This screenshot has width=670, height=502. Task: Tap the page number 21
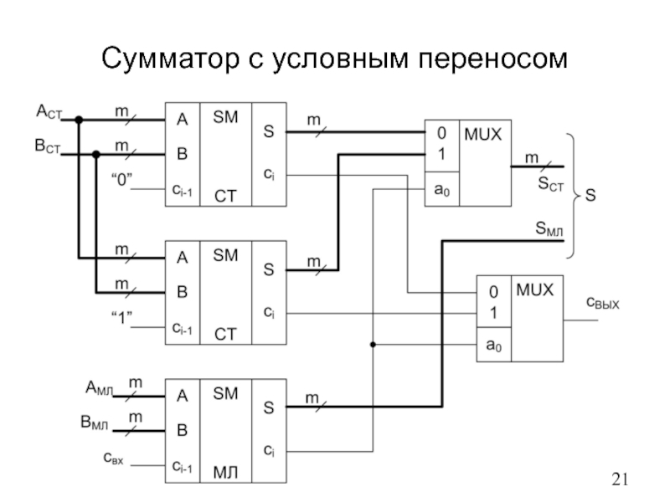click(620, 479)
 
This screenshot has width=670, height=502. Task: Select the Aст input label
click(47, 110)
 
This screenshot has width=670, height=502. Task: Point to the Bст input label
click(47, 146)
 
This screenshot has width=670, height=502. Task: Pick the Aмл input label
click(97, 387)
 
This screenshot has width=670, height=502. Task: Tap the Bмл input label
click(95, 423)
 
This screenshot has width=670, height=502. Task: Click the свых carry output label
click(601, 302)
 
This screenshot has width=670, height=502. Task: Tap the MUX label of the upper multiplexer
click(484, 134)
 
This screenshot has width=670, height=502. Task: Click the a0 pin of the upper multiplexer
click(441, 190)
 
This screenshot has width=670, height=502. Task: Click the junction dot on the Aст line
click(79, 120)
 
